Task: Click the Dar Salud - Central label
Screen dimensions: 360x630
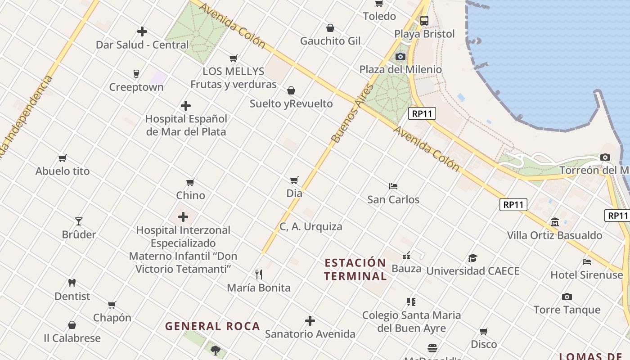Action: click(x=142, y=45)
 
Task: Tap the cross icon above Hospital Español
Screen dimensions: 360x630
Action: click(x=186, y=106)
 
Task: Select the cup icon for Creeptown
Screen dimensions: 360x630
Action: click(x=136, y=74)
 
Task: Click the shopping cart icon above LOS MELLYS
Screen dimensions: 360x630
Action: click(x=233, y=58)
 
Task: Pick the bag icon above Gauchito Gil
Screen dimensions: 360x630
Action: click(x=330, y=28)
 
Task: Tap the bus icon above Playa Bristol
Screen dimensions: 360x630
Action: click(x=424, y=21)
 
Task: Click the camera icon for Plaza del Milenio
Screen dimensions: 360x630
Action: click(x=400, y=57)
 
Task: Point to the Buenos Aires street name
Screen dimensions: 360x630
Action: click(x=353, y=113)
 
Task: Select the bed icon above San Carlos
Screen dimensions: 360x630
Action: click(x=393, y=186)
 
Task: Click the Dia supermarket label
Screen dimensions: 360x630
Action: click(x=294, y=193)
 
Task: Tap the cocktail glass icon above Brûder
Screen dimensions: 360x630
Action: click(x=79, y=221)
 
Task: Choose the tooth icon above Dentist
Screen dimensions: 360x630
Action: click(x=72, y=283)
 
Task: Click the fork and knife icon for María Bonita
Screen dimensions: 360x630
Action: click(x=259, y=274)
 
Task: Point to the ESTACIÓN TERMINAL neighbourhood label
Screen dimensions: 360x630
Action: click(x=355, y=270)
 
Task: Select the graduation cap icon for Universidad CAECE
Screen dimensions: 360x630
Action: click(x=472, y=258)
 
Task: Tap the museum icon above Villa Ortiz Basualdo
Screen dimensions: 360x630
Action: click(x=554, y=222)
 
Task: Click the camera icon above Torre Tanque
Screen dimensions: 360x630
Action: click(x=567, y=297)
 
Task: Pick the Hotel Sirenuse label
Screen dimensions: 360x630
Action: click(x=587, y=274)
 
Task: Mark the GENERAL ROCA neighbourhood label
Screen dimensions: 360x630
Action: click(x=212, y=326)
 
